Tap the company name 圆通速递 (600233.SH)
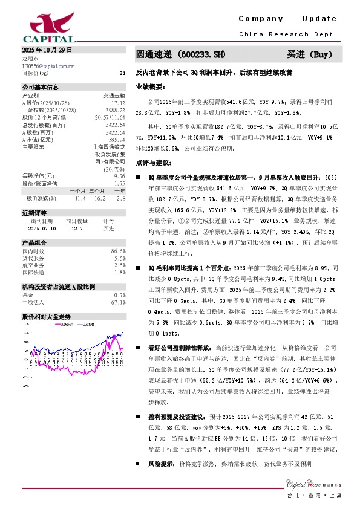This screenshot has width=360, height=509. pos(175,54)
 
